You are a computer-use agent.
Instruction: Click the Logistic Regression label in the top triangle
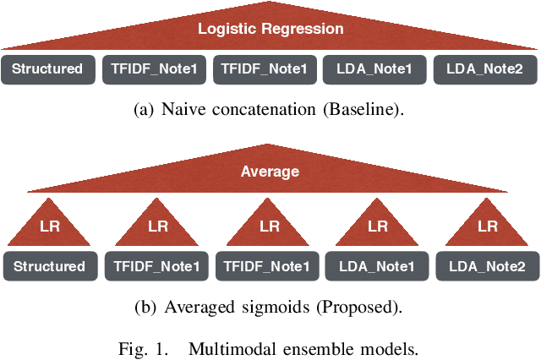[x=270, y=29]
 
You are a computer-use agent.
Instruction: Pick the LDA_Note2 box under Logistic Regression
[x=487, y=69]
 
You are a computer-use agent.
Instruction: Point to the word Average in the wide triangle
[x=270, y=172]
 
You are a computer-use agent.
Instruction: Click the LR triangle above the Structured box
[x=50, y=226]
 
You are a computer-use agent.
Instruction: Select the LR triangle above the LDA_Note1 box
[x=379, y=226]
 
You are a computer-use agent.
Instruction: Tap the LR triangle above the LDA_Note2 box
[x=488, y=226]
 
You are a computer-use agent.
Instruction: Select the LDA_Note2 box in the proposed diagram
[x=489, y=266]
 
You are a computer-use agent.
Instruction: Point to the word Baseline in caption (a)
[x=369, y=110]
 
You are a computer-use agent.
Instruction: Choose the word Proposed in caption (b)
[x=361, y=307]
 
